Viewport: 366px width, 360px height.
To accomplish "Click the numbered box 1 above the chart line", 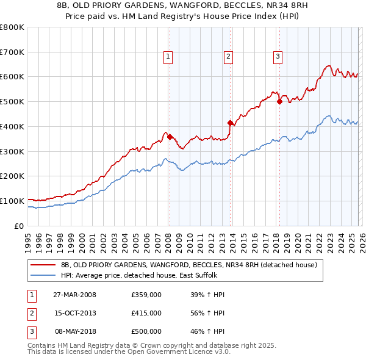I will coord(168,57).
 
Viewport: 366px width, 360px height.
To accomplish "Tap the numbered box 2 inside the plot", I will coord(228,57).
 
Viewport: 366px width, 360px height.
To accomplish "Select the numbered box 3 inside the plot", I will coord(278,57).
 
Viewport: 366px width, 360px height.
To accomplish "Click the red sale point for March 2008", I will coord(170,137).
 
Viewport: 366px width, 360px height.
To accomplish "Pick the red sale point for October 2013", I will coord(230,123).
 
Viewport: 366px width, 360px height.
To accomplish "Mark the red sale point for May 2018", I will coord(279,102).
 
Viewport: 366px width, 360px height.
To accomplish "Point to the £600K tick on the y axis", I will coord(12,77).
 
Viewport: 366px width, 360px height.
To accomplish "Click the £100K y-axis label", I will coord(12,201).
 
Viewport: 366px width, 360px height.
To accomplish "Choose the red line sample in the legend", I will coord(43,265).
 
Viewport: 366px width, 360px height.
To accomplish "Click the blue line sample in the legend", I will coord(43,276).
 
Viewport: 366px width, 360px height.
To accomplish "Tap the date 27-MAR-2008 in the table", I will coord(74,295).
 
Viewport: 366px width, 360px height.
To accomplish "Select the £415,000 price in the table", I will coord(146,313).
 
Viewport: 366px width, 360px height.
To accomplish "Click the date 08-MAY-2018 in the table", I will coord(76,331).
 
